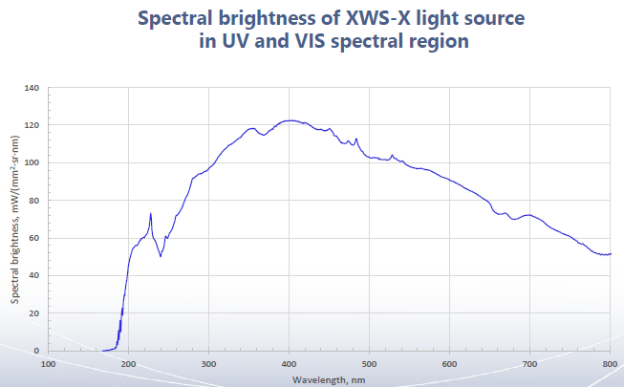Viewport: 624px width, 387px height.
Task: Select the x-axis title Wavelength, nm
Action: pyautogui.click(x=329, y=379)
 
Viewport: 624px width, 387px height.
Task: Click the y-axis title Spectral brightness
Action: pyautogui.click(x=16, y=219)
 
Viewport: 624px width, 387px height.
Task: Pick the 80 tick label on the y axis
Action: pyautogui.click(x=33, y=201)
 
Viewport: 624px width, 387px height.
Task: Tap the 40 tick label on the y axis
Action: pyautogui.click(x=33, y=275)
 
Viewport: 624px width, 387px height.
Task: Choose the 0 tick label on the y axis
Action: pyautogui.click(x=36, y=351)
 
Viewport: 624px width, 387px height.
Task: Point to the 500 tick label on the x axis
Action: pyautogui.click(x=369, y=364)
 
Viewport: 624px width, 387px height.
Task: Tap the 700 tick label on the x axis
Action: pyautogui.click(x=529, y=364)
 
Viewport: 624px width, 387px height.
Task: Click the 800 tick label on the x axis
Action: pyautogui.click(x=609, y=364)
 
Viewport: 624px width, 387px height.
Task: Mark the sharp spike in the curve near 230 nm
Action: pyautogui.click(x=151, y=214)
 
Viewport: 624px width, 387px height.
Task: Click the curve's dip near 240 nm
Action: pyautogui.click(x=161, y=255)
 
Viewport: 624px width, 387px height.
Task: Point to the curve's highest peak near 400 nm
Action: pyautogui.click(x=290, y=120)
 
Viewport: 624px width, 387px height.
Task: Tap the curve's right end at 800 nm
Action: pyautogui.click(x=610, y=253)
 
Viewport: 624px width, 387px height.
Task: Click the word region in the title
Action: pyautogui.click(x=440, y=43)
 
